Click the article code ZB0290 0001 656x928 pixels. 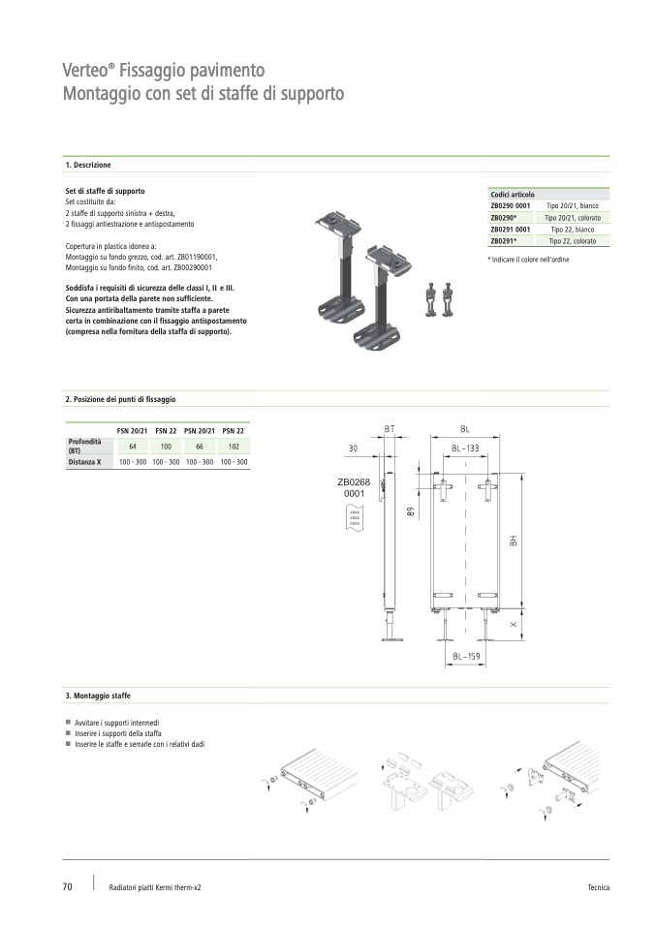511,206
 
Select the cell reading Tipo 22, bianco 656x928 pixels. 572,230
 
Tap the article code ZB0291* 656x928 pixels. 504,241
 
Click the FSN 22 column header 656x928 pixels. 166,431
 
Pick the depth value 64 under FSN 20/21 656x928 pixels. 133,447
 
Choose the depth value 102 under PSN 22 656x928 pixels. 234,447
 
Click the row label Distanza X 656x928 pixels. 84,462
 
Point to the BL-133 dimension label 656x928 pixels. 465,449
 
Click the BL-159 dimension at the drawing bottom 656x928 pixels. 466,657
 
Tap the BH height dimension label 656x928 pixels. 514,541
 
